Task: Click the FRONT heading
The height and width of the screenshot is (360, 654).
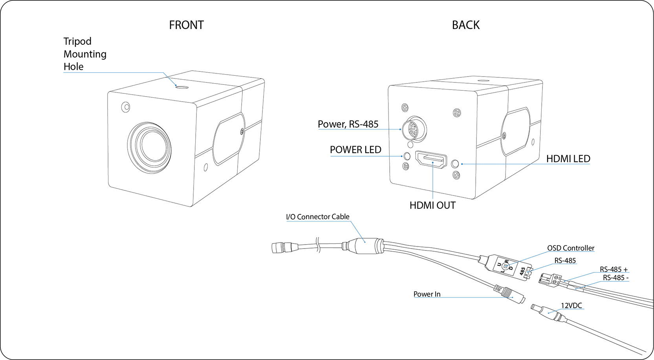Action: tap(186, 25)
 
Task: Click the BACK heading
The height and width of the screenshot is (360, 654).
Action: tap(465, 25)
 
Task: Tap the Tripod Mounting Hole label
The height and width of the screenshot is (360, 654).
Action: tap(84, 54)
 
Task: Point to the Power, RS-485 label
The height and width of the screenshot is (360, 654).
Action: tap(348, 124)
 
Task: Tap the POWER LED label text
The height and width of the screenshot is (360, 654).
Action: tap(355, 150)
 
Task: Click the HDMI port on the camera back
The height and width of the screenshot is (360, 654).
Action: tap(431, 159)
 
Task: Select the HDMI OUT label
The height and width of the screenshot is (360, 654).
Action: tap(432, 205)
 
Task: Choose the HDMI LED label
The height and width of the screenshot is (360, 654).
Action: tap(568, 159)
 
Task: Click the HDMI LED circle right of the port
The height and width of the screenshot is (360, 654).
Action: tap(456, 164)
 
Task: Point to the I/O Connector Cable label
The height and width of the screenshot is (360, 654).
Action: tap(317, 217)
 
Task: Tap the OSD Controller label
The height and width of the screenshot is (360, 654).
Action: tap(570, 248)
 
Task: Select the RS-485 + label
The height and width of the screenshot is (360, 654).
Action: tap(613, 269)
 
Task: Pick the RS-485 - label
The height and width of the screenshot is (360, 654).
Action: tap(616, 278)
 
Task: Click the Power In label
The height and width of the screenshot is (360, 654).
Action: tap(427, 294)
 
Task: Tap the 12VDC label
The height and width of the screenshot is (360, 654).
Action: tap(571, 305)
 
